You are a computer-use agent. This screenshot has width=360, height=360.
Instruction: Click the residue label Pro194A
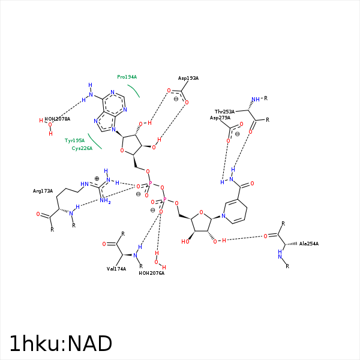(x=127, y=77)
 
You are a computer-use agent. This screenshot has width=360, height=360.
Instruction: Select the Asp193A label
(x=188, y=78)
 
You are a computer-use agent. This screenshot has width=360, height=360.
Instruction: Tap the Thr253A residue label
(x=224, y=112)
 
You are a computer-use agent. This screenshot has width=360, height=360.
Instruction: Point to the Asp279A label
(x=220, y=118)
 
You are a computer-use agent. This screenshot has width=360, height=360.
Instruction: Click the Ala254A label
(x=308, y=244)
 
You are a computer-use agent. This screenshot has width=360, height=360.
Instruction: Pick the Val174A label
(x=116, y=269)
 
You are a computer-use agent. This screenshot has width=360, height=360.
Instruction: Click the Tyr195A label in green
(x=74, y=140)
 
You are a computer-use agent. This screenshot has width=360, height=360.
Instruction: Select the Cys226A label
(x=82, y=148)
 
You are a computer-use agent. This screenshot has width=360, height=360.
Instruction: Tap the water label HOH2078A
(x=57, y=119)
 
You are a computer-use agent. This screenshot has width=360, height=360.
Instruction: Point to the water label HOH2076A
(x=151, y=273)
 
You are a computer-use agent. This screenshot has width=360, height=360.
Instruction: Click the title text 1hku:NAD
(x=61, y=344)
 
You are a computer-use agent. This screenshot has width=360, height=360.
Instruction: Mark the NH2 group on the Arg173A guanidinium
(x=106, y=202)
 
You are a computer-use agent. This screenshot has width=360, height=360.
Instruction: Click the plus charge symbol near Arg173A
(x=97, y=179)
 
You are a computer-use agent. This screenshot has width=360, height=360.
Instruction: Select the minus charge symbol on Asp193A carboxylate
(x=176, y=100)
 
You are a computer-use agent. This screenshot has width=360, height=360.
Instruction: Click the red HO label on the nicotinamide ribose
(x=186, y=241)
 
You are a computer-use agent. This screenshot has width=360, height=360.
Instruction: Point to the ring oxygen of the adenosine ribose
(x=122, y=151)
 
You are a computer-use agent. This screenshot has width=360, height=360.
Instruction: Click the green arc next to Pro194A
(x=133, y=90)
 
